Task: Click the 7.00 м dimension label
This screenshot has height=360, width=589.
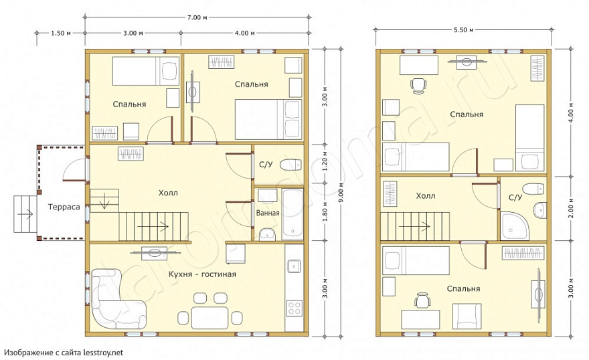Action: click(x=197, y=17)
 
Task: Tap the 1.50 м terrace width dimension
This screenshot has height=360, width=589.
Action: click(x=61, y=33)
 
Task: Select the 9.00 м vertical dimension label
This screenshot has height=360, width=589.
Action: click(x=341, y=192)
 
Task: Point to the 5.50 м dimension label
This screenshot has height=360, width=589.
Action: click(x=463, y=29)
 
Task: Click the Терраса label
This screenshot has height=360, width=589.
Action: click(x=64, y=207)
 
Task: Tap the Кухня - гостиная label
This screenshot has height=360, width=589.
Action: click(x=202, y=274)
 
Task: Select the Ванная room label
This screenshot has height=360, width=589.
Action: click(x=268, y=213)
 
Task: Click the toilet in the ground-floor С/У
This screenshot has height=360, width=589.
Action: click(x=290, y=165)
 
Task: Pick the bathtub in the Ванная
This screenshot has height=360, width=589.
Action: click(x=292, y=214)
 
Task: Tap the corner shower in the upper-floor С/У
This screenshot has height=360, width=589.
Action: click(x=514, y=226)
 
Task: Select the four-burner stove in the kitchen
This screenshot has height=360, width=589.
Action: click(x=294, y=308)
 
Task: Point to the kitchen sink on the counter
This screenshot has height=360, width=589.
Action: click(x=294, y=266)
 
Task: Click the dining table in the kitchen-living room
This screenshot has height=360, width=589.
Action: click(x=209, y=318)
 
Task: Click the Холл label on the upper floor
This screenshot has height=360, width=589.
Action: click(x=426, y=196)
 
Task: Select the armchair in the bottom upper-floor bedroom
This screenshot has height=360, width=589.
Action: click(x=467, y=316)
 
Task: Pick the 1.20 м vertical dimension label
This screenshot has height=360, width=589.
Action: click(x=325, y=164)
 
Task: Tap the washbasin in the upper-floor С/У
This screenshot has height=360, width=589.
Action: click(x=539, y=209)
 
